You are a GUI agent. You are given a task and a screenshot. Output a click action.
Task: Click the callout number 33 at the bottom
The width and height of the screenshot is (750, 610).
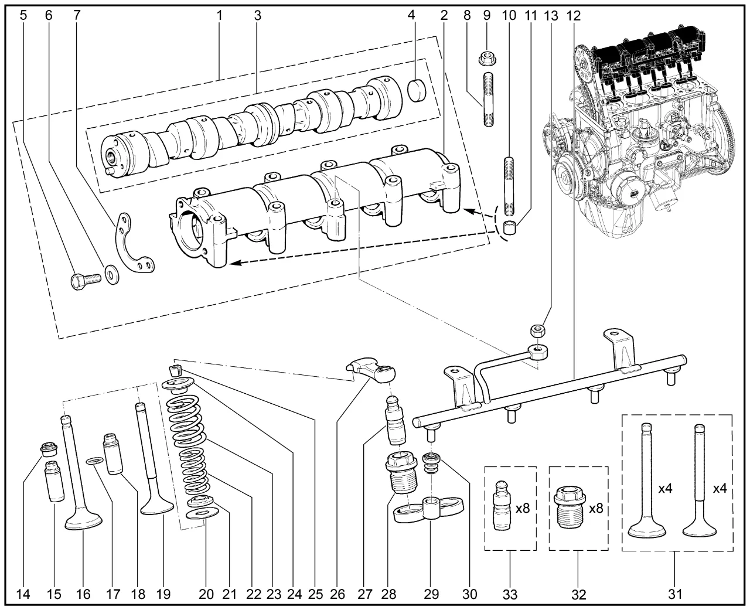510,594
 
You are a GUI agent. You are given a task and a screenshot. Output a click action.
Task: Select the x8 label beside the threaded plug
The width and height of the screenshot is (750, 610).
596,508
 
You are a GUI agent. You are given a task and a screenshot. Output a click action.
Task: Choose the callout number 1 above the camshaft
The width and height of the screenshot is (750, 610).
220,15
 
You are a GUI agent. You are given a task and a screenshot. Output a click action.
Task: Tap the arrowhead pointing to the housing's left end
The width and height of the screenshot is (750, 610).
235,263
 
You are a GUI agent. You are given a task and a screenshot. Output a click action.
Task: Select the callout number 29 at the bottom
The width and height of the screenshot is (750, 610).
431,594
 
